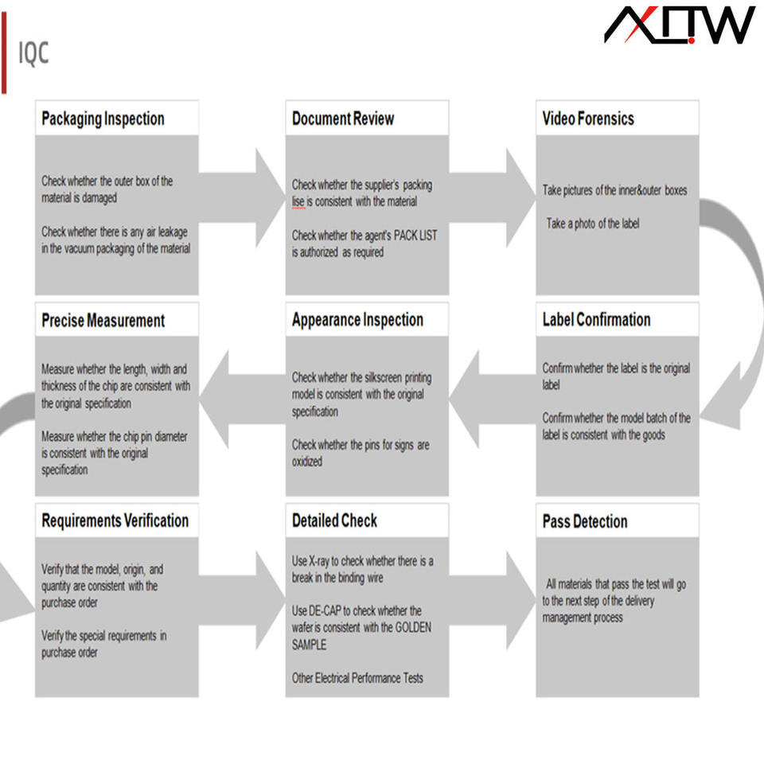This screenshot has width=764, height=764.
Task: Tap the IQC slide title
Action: click(33, 53)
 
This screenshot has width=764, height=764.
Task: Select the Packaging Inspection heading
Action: click(103, 119)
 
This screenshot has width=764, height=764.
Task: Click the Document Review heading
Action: click(343, 119)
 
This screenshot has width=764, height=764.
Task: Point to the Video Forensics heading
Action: click(588, 119)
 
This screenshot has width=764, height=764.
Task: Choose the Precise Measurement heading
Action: click(103, 321)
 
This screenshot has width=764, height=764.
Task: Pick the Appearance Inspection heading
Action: click(357, 320)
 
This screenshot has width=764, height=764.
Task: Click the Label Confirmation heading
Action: click(596, 320)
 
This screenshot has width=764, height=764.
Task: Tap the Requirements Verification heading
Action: click(115, 521)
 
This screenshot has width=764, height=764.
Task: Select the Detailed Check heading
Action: click(334, 521)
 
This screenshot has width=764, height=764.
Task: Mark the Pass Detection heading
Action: click(585, 522)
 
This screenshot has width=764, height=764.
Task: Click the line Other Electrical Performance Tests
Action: click(357, 678)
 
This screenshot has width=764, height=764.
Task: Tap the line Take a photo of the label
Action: click(592, 224)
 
